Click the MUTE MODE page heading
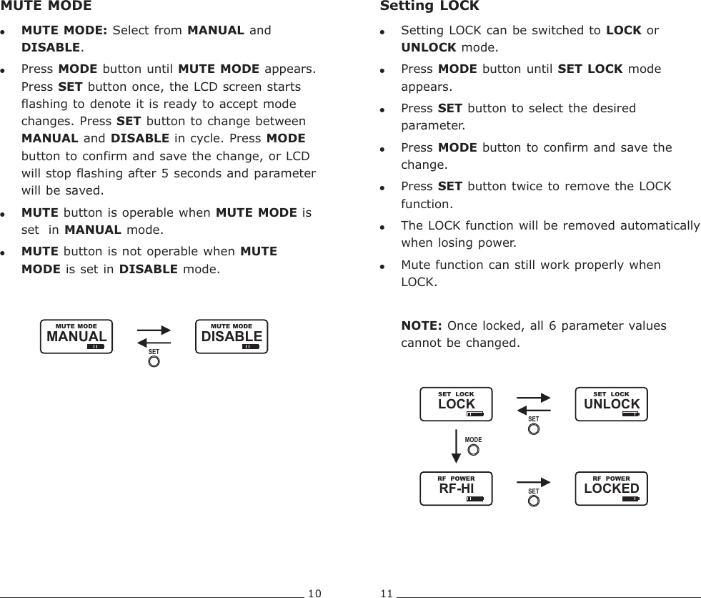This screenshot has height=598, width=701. click(46, 6)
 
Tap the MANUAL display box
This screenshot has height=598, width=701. click(76, 337)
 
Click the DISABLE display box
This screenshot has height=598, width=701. click(232, 337)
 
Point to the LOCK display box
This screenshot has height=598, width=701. click(456, 404)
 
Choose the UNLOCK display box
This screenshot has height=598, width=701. click(612, 404)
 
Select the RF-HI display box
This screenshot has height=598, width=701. click(456, 489)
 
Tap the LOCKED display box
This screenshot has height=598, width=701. click(612, 489)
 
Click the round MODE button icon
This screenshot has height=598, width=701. click(473, 451)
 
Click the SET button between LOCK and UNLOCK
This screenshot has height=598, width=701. click(533, 429)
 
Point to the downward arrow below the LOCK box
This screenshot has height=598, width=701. click(456, 449)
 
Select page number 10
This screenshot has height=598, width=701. click(314, 593)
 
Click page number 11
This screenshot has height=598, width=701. click(387, 593)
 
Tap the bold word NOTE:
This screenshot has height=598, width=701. click(421, 326)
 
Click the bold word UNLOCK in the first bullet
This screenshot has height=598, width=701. click(429, 48)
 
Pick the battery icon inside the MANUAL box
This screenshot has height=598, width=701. click(95, 346)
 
